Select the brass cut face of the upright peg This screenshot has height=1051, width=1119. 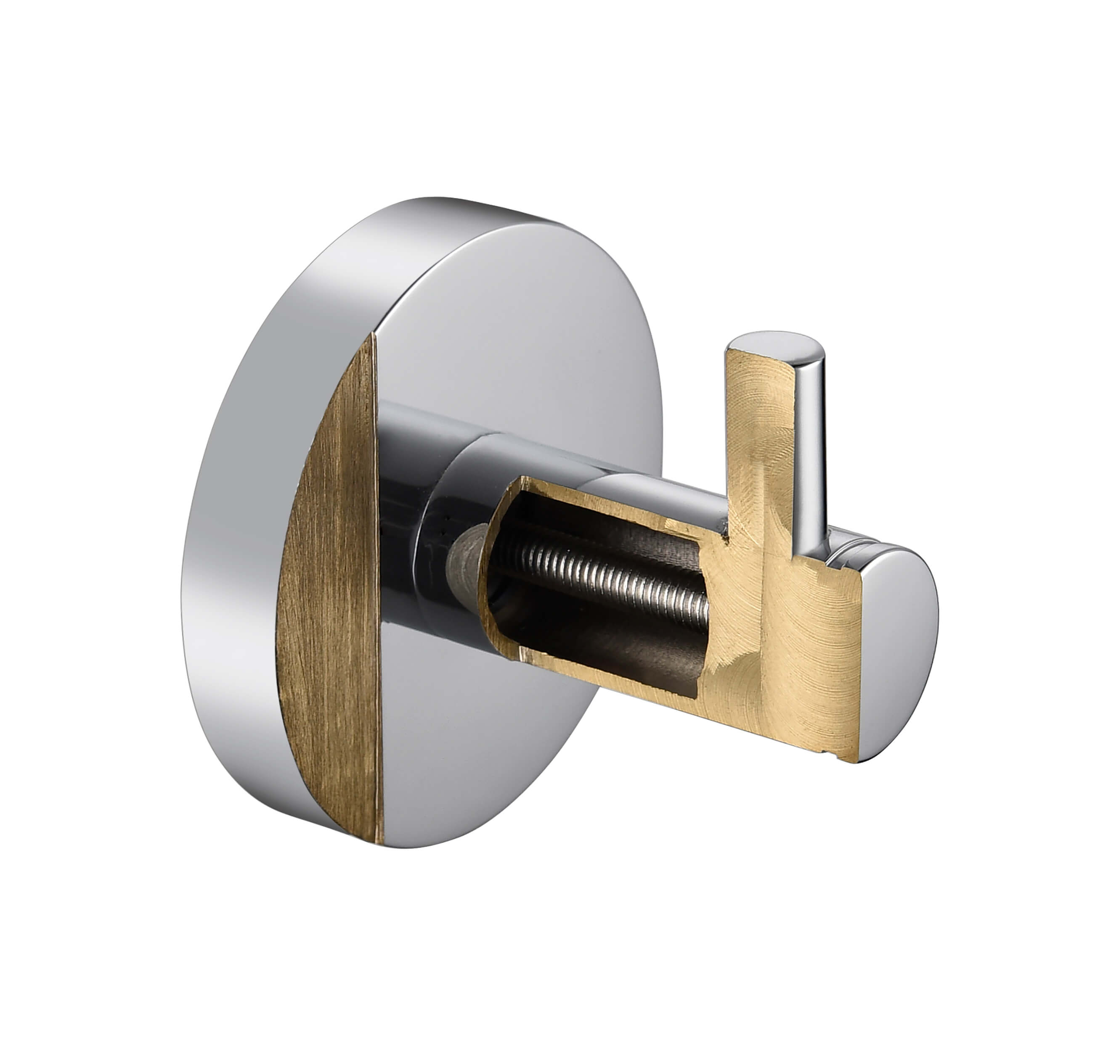tap(757, 428)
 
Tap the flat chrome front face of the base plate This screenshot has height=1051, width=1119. tap(518, 315)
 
